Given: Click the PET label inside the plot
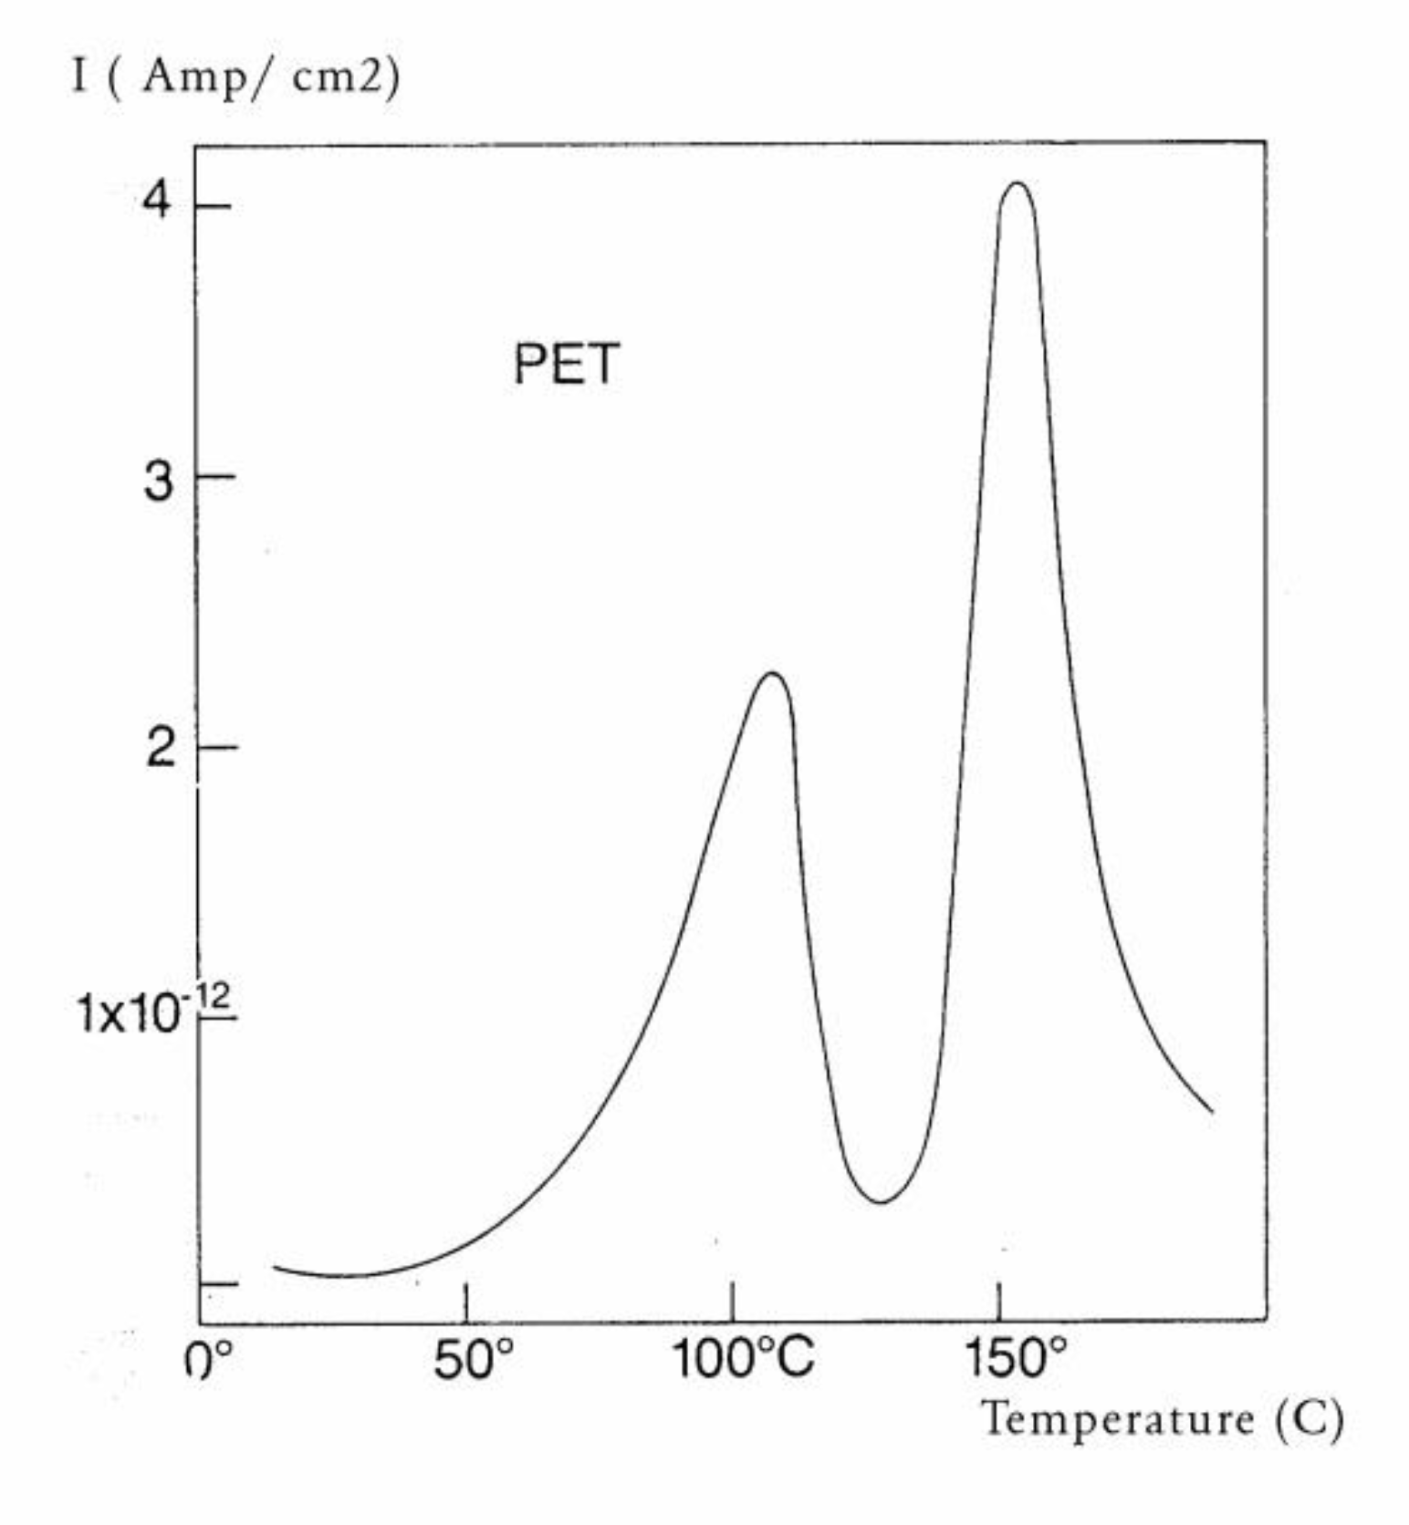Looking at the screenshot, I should [x=567, y=364].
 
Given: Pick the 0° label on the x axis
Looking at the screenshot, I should [x=208, y=1361].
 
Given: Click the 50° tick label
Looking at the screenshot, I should [x=473, y=1361].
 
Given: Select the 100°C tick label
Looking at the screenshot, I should [x=742, y=1358].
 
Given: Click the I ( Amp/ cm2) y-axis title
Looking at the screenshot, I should [x=235, y=77].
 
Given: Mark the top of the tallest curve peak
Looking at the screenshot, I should [x=1018, y=184].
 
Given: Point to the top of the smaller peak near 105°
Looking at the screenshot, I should [x=773, y=674].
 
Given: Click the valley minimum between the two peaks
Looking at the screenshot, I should [x=880, y=1201].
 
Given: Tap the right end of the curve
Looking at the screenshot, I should [x=1212, y=1111].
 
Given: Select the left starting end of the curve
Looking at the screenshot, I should [x=275, y=1266].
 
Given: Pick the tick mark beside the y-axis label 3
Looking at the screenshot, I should [x=217, y=476].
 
